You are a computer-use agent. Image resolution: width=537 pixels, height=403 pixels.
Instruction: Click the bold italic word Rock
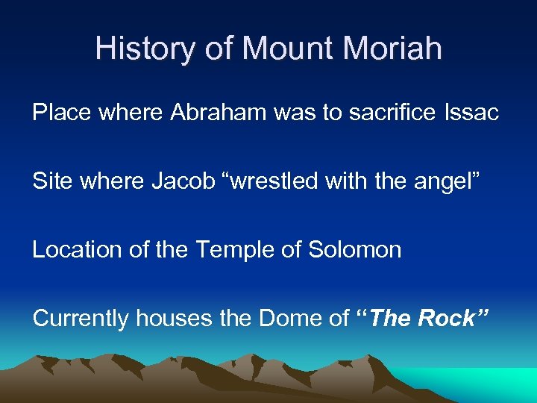446,319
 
